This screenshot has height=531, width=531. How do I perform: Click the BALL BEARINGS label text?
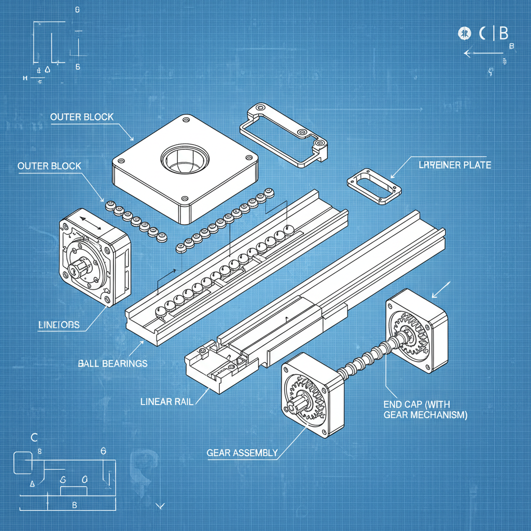[x=113, y=363]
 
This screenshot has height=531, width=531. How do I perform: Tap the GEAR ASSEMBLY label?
[x=242, y=453]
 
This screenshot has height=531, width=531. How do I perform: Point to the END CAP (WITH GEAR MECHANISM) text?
[x=425, y=409]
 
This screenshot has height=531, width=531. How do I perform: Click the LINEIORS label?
[x=59, y=325]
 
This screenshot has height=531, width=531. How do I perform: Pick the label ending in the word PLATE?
[x=454, y=165]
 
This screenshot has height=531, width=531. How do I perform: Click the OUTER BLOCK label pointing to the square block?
[x=81, y=117]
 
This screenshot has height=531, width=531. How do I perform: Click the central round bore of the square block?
[x=185, y=159]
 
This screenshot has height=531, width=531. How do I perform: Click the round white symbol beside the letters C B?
[x=464, y=33]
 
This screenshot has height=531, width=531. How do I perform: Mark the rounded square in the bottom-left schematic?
[x=22, y=462]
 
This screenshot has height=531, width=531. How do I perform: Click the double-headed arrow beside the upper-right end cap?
[x=441, y=290]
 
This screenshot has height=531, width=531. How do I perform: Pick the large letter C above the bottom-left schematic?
[x=34, y=437]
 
